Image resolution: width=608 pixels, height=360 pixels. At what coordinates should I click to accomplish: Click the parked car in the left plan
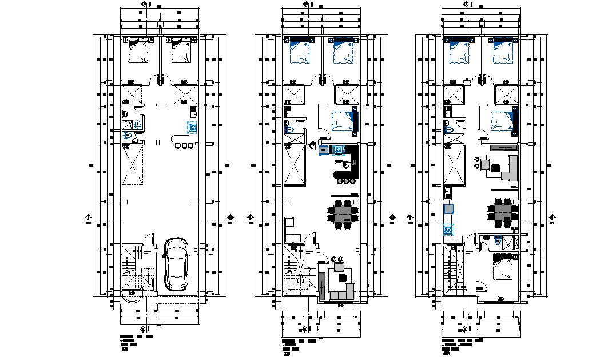[176, 264]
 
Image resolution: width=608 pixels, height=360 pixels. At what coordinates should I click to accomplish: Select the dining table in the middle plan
[343, 213]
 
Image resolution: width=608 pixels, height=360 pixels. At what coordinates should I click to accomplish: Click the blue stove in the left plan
[193, 127]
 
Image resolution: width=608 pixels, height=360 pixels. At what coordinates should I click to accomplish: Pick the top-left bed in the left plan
[137, 50]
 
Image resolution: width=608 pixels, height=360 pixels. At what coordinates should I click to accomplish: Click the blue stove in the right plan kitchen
[447, 230]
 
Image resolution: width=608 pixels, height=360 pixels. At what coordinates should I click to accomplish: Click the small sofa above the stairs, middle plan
[291, 230]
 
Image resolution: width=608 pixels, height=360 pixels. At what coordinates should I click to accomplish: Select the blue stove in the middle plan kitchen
[338, 149]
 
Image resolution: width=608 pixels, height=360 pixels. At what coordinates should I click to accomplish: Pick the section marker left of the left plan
[88, 217]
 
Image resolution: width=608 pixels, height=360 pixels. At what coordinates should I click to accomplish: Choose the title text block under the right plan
[460, 344]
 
